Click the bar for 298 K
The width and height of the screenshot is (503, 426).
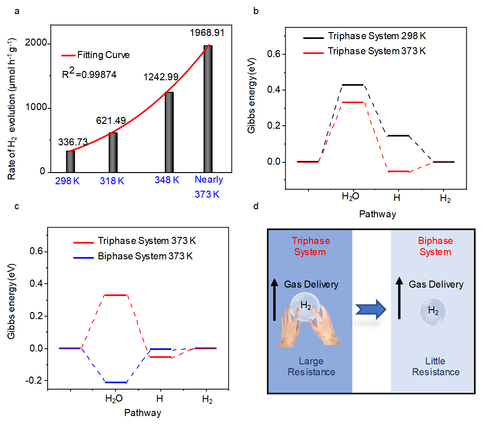(x=71, y=161)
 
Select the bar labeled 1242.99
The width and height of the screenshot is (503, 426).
(x=169, y=132)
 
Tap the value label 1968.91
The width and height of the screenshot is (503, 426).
(x=207, y=33)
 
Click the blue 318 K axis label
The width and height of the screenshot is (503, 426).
(x=112, y=181)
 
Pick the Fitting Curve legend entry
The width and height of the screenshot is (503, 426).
(x=96, y=55)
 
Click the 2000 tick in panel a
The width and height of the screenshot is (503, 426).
(x=36, y=43)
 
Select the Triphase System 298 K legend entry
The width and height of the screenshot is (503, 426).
(x=365, y=36)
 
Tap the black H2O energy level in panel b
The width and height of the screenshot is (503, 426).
(x=353, y=85)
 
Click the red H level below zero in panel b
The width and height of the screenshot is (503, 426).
(x=398, y=171)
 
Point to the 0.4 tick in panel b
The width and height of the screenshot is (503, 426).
(x=274, y=90)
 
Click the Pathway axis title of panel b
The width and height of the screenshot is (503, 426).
(x=377, y=214)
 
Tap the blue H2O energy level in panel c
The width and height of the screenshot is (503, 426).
(x=115, y=382)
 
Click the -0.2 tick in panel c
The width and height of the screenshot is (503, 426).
(x=34, y=380)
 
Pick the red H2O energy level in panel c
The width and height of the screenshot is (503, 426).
(x=115, y=295)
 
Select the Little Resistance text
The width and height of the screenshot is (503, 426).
(x=435, y=367)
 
